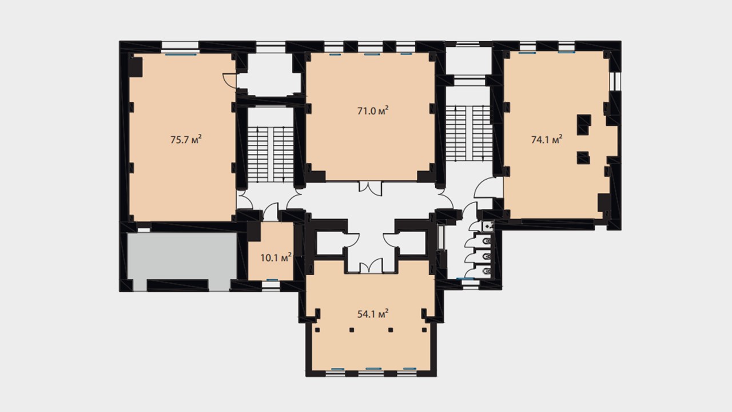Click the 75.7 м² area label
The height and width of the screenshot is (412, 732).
tap(186, 140)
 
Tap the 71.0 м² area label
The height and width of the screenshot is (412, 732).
tap(373, 111)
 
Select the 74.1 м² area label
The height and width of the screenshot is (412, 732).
tap(547, 140)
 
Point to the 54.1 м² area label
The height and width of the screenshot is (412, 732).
tap(373, 314)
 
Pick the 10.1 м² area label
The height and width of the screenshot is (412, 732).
tap(276, 257)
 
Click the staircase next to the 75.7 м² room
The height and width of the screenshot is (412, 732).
tap(270, 154)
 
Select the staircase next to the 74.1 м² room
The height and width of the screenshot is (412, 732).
tap(470, 133)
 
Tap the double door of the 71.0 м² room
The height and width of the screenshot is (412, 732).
tap(370, 188)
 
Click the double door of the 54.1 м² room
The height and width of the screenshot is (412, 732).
tap(371, 266)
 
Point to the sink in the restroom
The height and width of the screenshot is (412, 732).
tap(488, 226)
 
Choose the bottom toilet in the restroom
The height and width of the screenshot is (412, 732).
tap(487, 271)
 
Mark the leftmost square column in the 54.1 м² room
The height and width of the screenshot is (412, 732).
tap(317, 330)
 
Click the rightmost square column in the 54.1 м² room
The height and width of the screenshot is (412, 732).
tap(424, 330)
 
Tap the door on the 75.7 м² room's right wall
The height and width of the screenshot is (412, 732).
tap(229, 81)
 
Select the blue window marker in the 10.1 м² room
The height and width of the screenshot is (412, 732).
tap(272, 280)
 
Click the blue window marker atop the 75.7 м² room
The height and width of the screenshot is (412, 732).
tap(181, 54)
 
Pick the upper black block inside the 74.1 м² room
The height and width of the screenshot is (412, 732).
tap(584, 125)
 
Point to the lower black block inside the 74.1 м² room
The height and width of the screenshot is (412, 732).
tap(583, 157)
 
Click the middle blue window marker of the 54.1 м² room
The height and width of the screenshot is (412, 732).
tap(373, 369)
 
